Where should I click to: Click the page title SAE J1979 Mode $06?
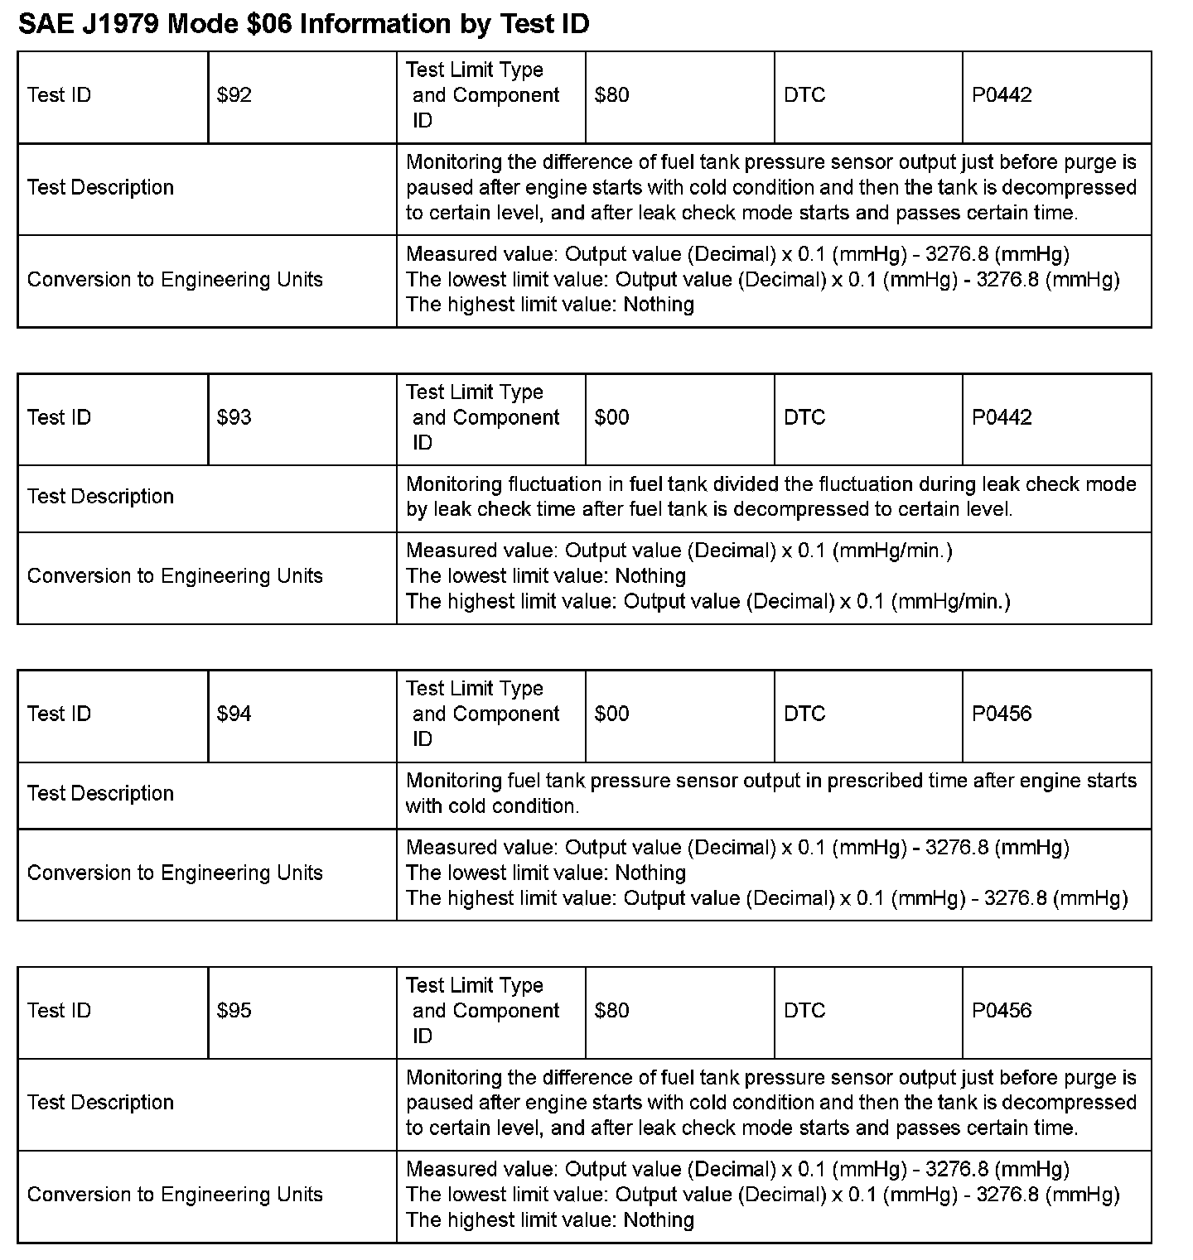pyautogui.click(x=303, y=24)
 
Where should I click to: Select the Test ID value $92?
pyautogui.click(x=234, y=95)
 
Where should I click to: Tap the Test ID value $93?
pyautogui.click(x=234, y=417)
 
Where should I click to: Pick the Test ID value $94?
pyautogui.click(x=234, y=714)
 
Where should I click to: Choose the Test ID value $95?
pyautogui.click(x=234, y=1010)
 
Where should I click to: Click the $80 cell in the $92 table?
pyautogui.click(x=611, y=95)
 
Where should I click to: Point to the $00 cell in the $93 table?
pyautogui.click(x=611, y=417)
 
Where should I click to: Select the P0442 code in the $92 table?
pyautogui.click(x=1002, y=95)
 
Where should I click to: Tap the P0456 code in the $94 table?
pyautogui.click(x=1002, y=714)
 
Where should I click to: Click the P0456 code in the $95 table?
pyautogui.click(x=1002, y=1010)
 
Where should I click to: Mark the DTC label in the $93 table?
pyautogui.click(x=804, y=417)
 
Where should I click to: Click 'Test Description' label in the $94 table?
pyautogui.click(x=100, y=793)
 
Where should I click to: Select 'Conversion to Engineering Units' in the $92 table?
pyautogui.click(x=175, y=280)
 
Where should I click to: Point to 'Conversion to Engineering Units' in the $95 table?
pyautogui.click(x=175, y=1195)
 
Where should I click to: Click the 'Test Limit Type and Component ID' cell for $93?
pyautogui.click(x=485, y=417)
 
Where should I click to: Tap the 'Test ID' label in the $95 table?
pyautogui.click(x=59, y=1010)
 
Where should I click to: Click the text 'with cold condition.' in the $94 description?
pyautogui.click(x=492, y=806)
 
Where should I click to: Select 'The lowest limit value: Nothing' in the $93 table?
pyautogui.click(x=546, y=576)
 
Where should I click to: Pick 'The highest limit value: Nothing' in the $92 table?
pyautogui.click(x=550, y=305)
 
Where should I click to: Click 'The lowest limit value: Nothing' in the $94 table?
pyautogui.click(x=546, y=873)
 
